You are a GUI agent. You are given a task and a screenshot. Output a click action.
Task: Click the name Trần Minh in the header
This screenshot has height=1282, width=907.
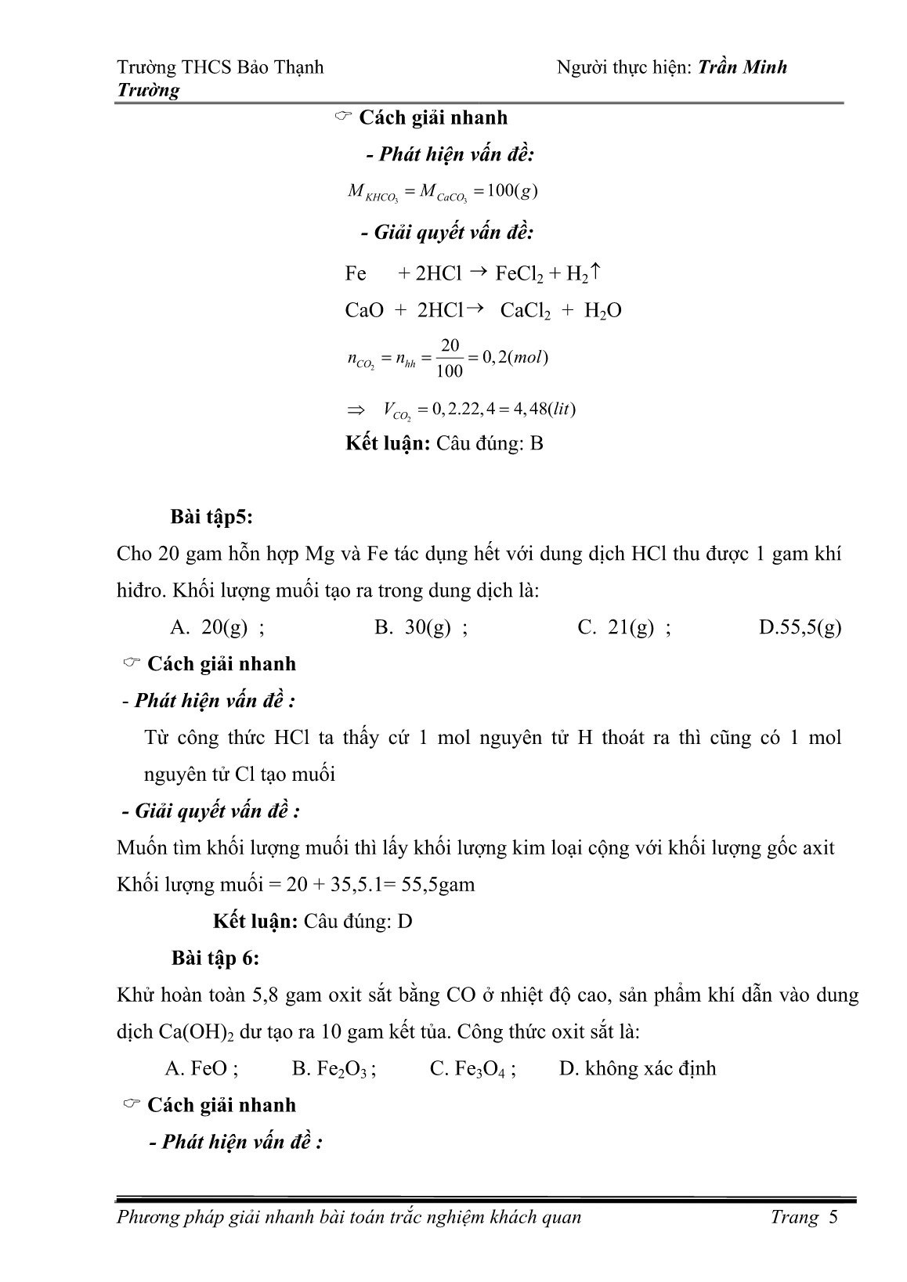tap(742, 67)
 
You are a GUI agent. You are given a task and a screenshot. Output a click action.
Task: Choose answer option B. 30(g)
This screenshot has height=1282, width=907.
tap(421, 627)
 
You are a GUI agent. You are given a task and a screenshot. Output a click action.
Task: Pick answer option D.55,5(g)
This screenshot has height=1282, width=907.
tap(800, 627)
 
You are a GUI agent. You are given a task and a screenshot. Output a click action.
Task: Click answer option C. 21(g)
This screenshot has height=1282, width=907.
tap(623, 627)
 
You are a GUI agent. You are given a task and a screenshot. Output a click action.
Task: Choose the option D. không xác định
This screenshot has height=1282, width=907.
tap(638, 1068)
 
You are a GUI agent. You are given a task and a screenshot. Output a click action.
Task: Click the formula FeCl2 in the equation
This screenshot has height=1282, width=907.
tap(519, 274)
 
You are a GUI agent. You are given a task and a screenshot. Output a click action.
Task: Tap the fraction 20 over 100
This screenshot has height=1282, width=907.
tap(450, 358)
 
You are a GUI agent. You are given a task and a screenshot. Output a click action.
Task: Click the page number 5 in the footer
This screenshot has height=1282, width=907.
tap(833, 1217)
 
